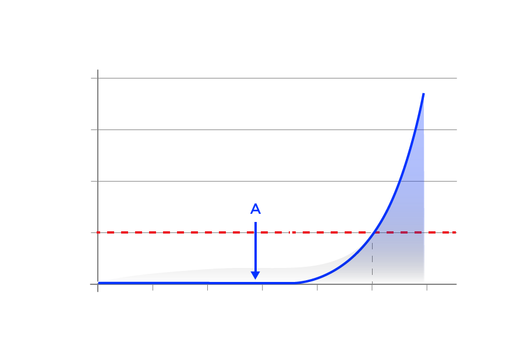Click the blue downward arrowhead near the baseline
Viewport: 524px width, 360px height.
[x=254, y=274]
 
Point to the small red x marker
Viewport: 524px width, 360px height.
[x=98, y=232]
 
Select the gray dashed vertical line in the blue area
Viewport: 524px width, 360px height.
[x=371, y=256]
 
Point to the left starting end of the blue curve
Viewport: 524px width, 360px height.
[x=99, y=283]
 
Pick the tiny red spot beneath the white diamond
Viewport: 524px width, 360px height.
[x=293, y=232]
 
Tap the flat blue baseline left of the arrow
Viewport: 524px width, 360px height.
[x=175, y=283]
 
